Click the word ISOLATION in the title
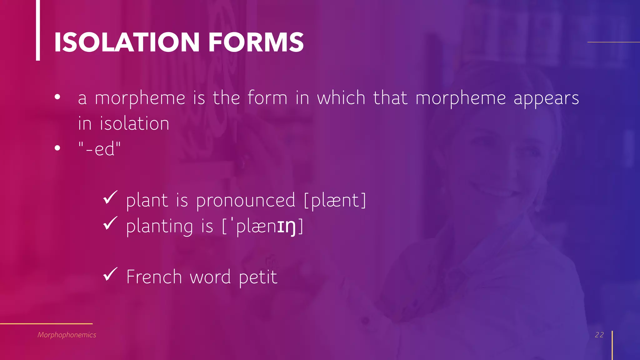pos(127,42)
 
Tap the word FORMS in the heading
pos(256,42)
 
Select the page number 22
pos(599,335)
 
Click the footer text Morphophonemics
pos(67,335)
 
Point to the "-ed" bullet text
pos(99,149)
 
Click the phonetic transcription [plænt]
pos(335,200)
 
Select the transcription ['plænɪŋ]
pos(262,226)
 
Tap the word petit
pos(258,277)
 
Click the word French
pos(154,277)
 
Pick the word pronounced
pos(246,201)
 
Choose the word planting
pos(160,227)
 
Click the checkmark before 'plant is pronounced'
pos(110,197)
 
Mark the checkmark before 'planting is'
pos(110,223)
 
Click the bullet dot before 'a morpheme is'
pos(57,97)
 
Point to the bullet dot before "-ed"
pos(57,148)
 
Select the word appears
pos(546,99)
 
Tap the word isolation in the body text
pos(134,123)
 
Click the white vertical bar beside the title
pos(38,30)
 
